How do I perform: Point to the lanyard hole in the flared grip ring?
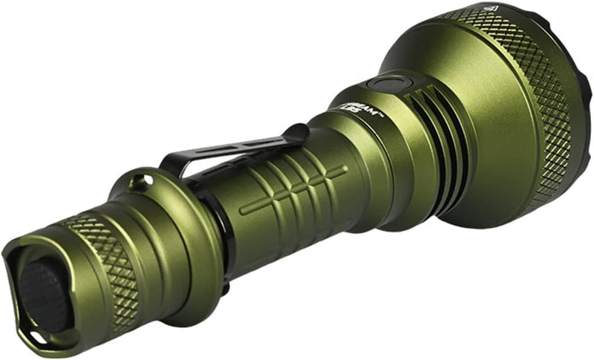pos(137,180)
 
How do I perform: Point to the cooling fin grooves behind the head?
pos(431,134)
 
